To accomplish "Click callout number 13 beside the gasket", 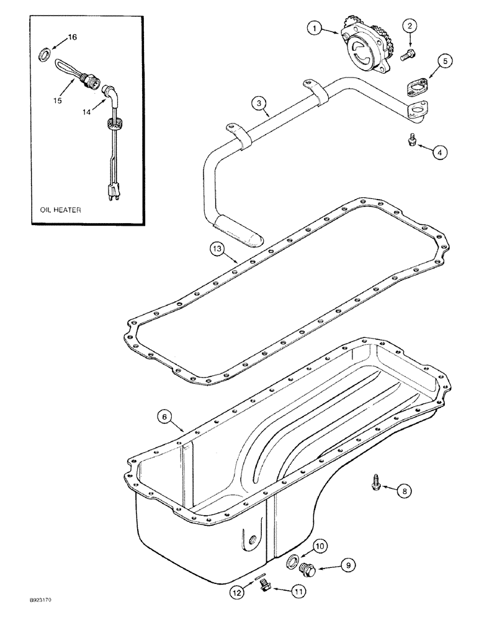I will click(x=216, y=249).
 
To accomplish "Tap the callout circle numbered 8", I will click(x=403, y=491).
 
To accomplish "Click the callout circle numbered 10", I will click(x=320, y=546).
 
